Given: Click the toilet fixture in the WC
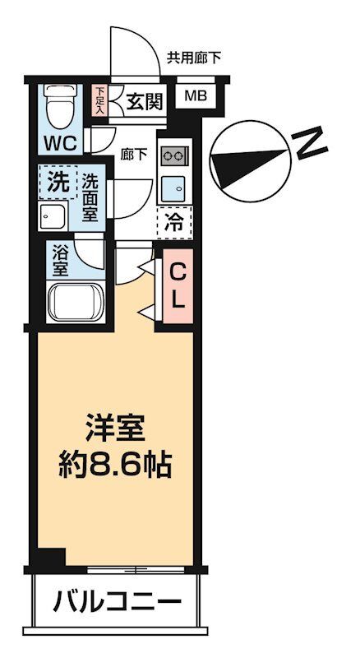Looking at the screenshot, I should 59,106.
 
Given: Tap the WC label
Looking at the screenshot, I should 60,142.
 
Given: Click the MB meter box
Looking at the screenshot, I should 196,96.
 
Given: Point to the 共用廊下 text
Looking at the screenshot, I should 193,58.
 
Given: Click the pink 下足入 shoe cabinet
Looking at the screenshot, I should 99,100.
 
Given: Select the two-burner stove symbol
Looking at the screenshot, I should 174,155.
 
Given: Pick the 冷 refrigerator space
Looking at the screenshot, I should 174,221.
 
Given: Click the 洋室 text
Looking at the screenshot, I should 115,429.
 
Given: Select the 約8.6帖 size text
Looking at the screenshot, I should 115,466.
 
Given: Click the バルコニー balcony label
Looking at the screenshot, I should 117,602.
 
